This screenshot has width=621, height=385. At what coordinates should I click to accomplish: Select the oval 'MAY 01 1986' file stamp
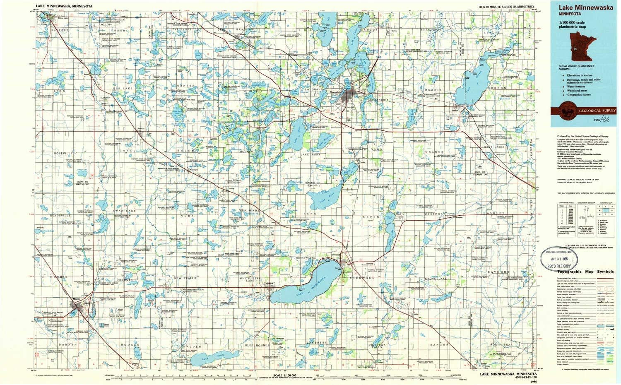561,260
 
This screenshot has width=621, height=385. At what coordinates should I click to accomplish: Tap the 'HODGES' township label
130,344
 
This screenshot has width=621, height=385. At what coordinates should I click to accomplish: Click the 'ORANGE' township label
434,152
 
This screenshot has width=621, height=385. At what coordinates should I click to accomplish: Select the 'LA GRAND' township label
314,89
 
